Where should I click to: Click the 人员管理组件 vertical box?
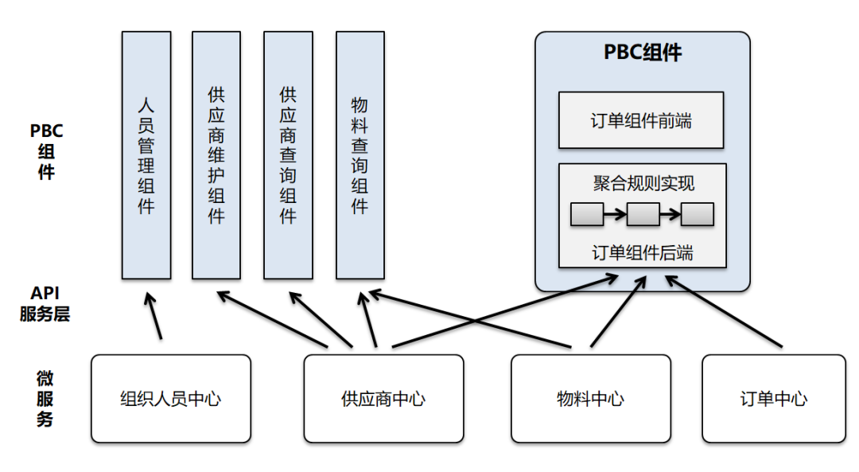click(146, 155)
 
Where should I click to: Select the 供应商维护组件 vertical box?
click(216, 155)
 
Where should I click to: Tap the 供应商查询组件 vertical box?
click(288, 155)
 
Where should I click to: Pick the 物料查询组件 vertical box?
click(360, 155)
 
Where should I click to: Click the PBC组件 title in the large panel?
click(642, 53)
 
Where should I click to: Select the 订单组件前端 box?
click(641, 120)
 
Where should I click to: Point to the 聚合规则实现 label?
click(643, 184)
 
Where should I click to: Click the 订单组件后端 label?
click(643, 253)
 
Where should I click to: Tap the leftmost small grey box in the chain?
click(587, 214)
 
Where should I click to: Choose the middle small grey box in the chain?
click(643, 214)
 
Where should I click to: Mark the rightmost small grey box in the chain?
click(697, 214)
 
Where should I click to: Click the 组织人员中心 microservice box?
click(171, 399)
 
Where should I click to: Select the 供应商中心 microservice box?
click(383, 399)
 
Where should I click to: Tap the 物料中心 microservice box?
click(590, 399)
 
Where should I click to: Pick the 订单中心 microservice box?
click(773, 399)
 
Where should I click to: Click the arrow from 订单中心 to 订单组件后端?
click(724, 311)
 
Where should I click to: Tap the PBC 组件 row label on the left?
click(46, 151)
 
